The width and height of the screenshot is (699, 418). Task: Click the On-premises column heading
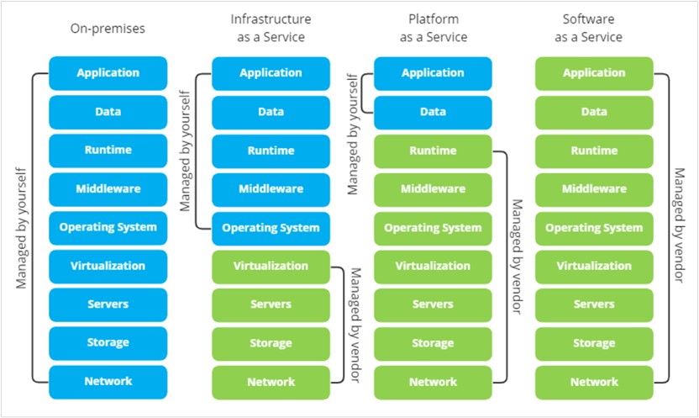click(108, 28)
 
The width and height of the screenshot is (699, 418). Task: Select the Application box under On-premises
click(108, 72)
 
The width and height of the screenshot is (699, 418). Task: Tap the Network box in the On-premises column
click(108, 381)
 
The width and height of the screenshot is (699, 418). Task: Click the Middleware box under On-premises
click(108, 188)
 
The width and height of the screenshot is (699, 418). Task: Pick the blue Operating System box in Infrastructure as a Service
click(271, 228)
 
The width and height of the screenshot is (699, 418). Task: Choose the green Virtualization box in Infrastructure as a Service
click(271, 266)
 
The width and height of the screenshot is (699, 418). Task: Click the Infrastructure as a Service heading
click(271, 28)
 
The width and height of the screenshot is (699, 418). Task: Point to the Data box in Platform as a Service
click(433, 112)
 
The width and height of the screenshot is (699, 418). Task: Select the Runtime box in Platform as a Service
click(433, 151)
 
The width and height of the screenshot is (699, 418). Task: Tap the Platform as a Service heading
click(433, 28)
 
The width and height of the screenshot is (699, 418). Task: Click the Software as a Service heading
click(594, 28)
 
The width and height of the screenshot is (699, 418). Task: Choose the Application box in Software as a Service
click(594, 73)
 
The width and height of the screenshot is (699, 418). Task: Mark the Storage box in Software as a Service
click(594, 343)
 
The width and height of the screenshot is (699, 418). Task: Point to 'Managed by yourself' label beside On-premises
click(21, 227)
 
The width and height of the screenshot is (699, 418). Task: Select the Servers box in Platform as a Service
click(433, 304)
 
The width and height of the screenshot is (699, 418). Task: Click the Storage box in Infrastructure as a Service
click(271, 343)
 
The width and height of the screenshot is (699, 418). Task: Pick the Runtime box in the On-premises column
click(108, 150)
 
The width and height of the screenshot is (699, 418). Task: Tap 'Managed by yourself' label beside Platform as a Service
click(353, 133)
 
